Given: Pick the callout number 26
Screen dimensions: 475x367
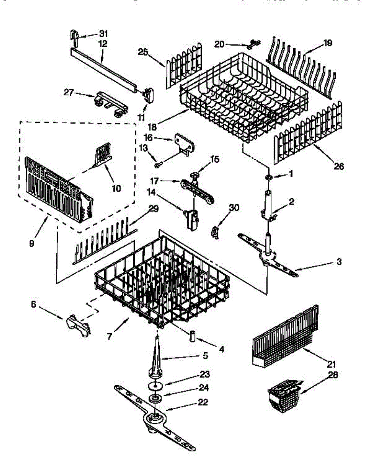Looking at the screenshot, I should pyautogui.click(x=338, y=166).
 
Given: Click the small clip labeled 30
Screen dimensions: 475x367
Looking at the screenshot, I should pyautogui.click(x=215, y=232).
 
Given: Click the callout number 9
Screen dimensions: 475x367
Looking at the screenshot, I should pyautogui.click(x=32, y=244).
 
